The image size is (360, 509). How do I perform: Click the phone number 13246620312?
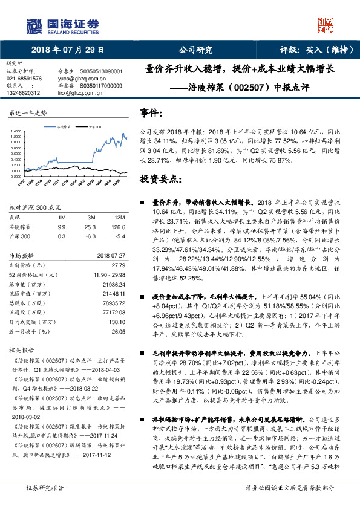(24, 93)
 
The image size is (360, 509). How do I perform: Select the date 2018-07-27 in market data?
(110, 255)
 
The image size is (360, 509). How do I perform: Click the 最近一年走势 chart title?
(28, 114)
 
